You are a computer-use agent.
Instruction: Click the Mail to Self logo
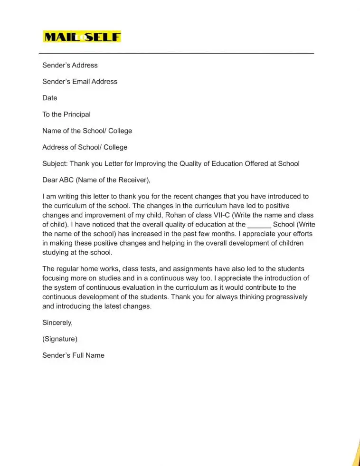[x=82, y=37]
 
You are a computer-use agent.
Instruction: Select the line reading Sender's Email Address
[x=80, y=81]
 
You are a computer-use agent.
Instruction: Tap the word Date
[x=49, y=98]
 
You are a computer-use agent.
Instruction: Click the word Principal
[x=77, y=114]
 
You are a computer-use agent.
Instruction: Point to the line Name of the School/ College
[x=87, y=131]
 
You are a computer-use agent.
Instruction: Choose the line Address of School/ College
[x=85, y=147]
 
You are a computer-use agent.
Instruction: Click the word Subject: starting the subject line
[x=55, y=163]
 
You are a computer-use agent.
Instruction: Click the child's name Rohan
[x=175, y=215]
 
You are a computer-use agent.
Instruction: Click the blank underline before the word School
[x=259, y=224]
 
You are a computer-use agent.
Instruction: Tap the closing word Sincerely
[x=57, y=323]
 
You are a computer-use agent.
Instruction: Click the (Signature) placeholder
[x=60, y=339]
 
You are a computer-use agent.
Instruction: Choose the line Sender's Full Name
[x=73, y=355]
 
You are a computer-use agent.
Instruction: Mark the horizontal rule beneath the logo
[x=176, y=53]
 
